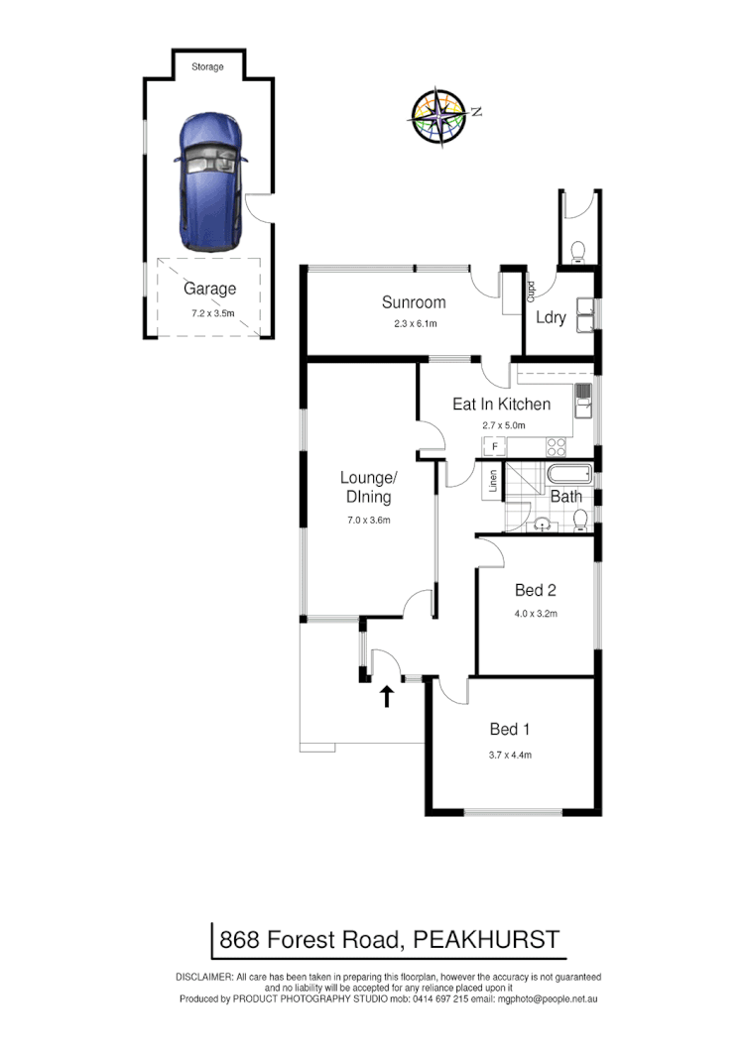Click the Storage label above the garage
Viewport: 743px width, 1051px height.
tap(207, 67)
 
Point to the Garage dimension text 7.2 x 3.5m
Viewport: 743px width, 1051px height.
tap(212, 312)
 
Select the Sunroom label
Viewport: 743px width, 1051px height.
tap(414, 302)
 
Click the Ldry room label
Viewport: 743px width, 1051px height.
tap(551, 317)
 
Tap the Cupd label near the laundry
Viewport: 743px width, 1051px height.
tap(531, 292)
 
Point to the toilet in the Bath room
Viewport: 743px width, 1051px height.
tap(581, 520)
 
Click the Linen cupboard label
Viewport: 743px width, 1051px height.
tap(492, 481)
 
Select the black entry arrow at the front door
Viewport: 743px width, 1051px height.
tap(387, 696)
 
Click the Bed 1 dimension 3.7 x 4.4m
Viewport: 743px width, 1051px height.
tap(511, 755)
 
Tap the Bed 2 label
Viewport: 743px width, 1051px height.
tap(536, 591)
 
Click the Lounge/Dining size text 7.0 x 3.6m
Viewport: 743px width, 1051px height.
tap(366, 520)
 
